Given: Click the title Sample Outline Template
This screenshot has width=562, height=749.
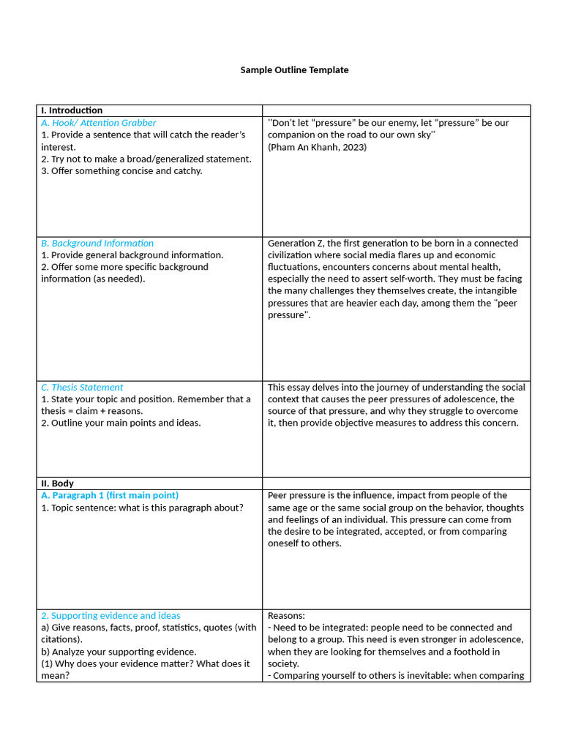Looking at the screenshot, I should pyautogui.click(x=294, y=70).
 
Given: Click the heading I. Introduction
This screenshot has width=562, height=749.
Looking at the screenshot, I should pyautogui.click(x=72, y=110).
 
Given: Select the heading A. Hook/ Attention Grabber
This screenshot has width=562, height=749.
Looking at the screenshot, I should pyautogui.click(x=98, y=123).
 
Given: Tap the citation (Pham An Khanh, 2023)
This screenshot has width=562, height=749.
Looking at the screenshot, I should pyautogui.click(x=317, y=147).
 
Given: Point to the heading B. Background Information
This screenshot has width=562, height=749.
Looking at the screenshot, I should pyautogui.click(x=97, y=243).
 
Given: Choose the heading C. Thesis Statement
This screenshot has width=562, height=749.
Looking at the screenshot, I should pyautogui.click(x=82, y=387).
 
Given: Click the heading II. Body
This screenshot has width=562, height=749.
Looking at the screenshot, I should pyautogui.click(x=57, y=483).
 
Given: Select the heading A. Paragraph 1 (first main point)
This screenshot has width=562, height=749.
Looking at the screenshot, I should pyautogui.click(x=110, y=495).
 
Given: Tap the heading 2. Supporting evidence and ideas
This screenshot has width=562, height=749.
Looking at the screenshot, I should pyautogui.click(x=110, y=616).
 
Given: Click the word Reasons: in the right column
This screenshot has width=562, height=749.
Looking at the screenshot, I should pyautogui.click(x=286, y=616).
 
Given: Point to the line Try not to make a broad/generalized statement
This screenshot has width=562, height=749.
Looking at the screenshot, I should pyautogui.click(x=146, y=159).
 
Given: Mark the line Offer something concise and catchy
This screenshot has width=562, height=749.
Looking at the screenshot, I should pyautogui.click(x=121, y=171).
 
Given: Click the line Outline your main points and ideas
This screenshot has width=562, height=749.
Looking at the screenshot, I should pyautogui.click(x=121, y=423).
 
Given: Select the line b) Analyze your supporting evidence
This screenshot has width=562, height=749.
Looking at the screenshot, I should pyautogui.click(x=119, y=652).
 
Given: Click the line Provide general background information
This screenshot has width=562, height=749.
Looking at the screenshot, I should pyautogui.click(x=132, y=255).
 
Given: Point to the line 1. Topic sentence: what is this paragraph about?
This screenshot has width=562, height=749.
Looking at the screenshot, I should pyautogui.click(x=142, y=508).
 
